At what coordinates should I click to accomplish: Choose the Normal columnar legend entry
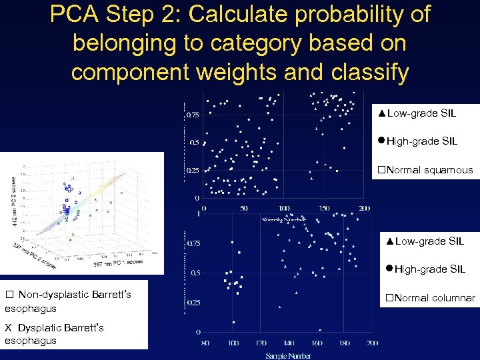[x=427, y=298]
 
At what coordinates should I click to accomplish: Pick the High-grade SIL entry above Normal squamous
[x=417, y=141]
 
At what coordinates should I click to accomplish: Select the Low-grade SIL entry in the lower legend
[x=425, y=241]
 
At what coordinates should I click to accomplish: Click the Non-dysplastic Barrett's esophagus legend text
[x=68, y=301]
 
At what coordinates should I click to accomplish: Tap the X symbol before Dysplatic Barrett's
[x=8, y=327]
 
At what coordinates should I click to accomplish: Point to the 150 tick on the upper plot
[x=323, y=208]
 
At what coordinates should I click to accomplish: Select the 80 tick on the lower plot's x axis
[x=205, y=343]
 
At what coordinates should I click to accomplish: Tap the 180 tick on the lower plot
[x=344, y=343]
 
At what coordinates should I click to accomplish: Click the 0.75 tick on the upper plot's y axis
[x=191, y=115]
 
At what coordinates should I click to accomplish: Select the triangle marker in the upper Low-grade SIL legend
[x=381, y=113]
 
